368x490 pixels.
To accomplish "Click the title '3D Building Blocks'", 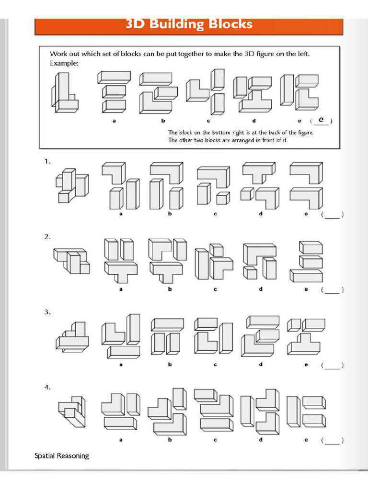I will point(189,24).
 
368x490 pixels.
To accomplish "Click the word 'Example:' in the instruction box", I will point(64,63).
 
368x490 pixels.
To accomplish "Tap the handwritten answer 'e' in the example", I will point(321,120).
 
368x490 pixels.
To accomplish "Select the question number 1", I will point(47,162).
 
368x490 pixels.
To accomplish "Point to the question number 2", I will point(47,237).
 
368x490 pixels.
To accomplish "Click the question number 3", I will point(47,312).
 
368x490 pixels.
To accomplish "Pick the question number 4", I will point(47,387).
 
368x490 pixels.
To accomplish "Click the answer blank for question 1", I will point(332,215).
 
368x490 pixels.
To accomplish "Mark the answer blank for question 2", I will point(332,290).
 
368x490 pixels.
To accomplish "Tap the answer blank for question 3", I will point(332,366).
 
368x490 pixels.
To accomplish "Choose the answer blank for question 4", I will point(332,441).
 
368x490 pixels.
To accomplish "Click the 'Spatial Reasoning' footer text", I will point(61,456).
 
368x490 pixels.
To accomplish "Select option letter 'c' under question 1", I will point(215,214).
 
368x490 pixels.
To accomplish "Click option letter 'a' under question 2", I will point(121,289).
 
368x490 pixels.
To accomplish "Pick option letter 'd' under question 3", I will point(261,365).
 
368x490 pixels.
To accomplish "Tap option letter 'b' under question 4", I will point(170,440).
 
